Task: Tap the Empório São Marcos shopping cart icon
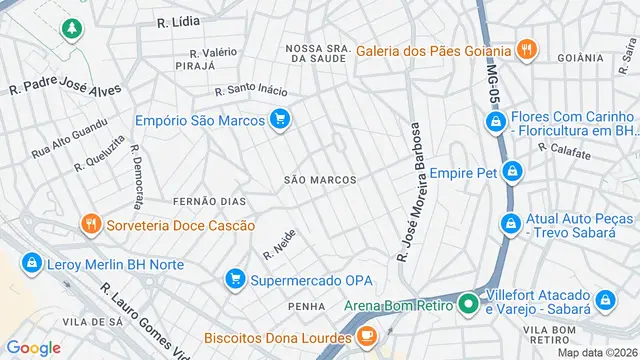click(280, 120)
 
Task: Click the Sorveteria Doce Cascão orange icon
click(90, 224)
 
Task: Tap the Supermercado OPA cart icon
click(235, 278)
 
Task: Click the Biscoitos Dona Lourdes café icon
click(367, 334)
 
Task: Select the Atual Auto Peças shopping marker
click(511, 222)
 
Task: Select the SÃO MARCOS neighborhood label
click(320, 180)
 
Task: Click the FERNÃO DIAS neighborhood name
click(209, 201)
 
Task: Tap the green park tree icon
click(71, 29)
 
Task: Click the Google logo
click(33, 347)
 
